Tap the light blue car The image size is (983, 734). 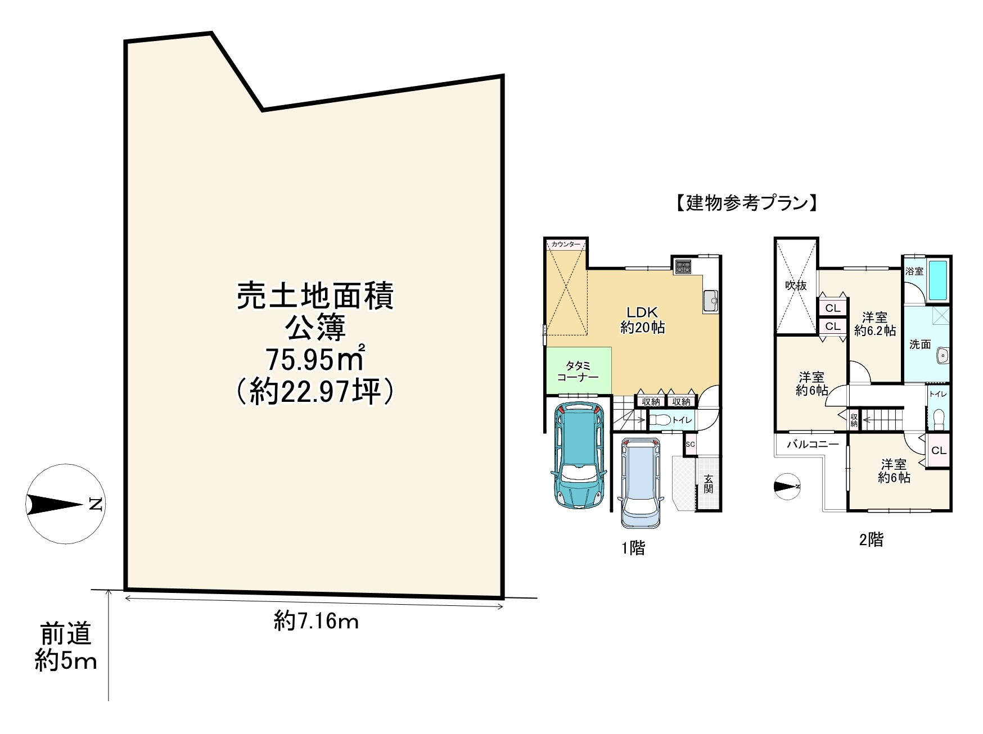tap(642, 482)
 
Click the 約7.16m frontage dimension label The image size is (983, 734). tap(317, 621)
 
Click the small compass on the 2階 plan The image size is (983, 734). tap(787, 487)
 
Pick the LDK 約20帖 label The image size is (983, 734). tap(643, 320)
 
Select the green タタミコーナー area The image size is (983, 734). tap(578, 371)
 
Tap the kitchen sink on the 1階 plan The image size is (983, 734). tap(710, 301)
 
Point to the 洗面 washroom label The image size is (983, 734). tap(920, 345)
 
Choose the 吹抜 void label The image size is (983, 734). tap(796, 286)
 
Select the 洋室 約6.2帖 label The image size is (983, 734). tap(875, 323)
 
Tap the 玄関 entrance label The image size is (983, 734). tap(709, 483)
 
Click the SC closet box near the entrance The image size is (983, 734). tap(691, 444)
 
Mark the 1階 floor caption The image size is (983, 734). tap(633, 547)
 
